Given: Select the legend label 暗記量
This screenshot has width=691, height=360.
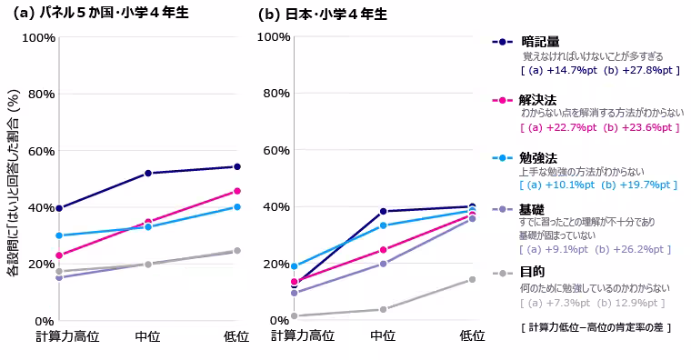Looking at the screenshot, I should (x=540, y=42).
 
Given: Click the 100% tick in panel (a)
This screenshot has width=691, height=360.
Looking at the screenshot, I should (x=37, y=37).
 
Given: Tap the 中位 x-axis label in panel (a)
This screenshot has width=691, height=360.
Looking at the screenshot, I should (x=148, y=336).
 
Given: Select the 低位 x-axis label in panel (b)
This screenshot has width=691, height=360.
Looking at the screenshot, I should (x=472, y=336).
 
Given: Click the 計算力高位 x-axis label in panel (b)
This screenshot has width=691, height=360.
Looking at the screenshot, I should (x=302, y=336).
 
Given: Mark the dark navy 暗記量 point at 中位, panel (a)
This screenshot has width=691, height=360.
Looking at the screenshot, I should (x=148, y=173).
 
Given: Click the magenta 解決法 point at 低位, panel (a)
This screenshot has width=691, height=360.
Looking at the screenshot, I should (x=237, y=191).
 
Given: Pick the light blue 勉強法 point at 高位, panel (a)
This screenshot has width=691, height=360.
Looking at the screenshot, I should (x=59, y=235).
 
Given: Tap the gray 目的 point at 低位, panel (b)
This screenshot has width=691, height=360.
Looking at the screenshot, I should (x=472, y=279).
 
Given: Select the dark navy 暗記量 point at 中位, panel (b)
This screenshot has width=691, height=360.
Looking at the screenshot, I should (x=383, y=211).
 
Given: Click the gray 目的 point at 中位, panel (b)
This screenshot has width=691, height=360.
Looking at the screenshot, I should (x=383, y=309).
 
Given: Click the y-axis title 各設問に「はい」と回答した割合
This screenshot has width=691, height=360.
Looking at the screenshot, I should (x=13, y=182).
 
